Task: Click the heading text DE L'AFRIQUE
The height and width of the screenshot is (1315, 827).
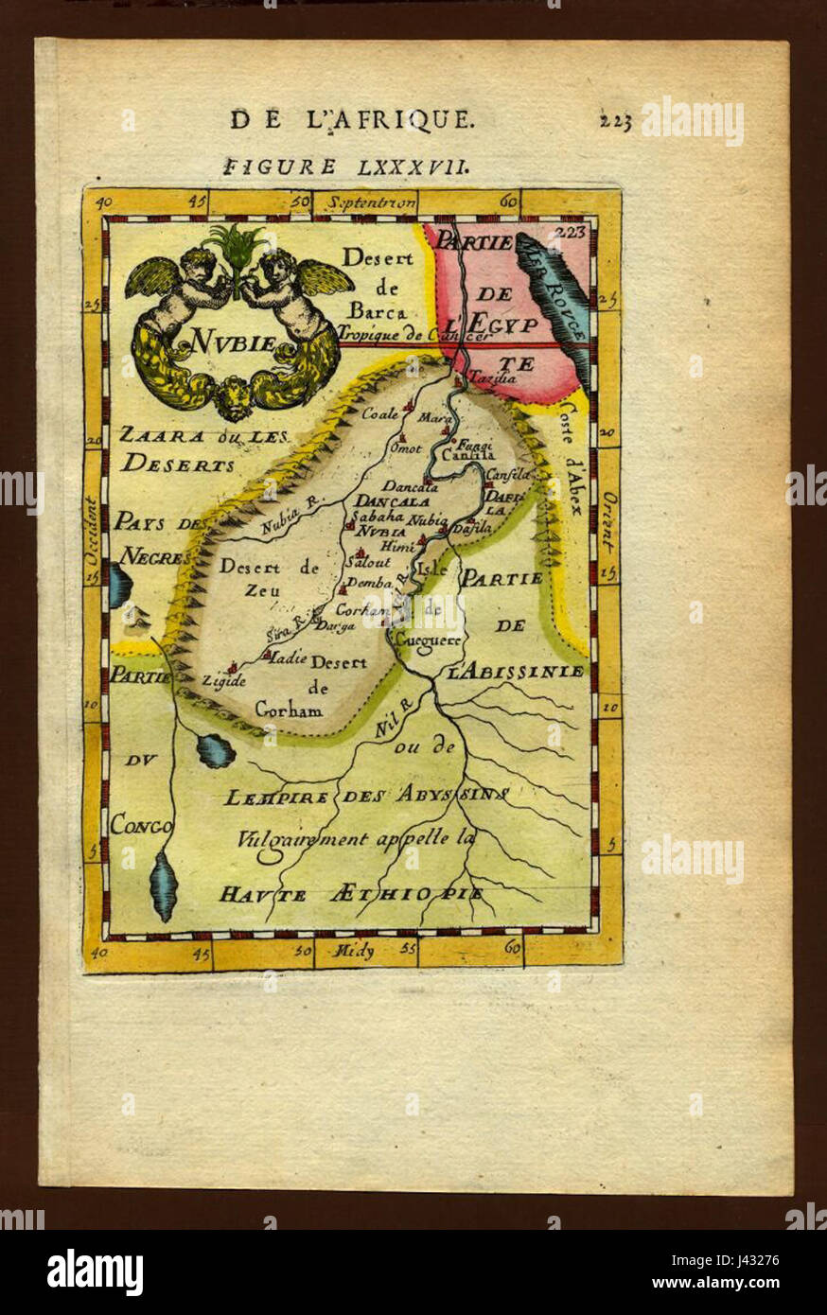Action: pos(350,119)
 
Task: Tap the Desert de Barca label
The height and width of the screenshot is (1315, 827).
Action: pos(376,283)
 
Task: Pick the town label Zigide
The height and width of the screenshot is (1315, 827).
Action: pos(222,680)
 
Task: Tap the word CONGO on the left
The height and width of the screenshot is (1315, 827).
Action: pos(141,825)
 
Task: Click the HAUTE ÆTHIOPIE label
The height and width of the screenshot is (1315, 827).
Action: pos(352,893)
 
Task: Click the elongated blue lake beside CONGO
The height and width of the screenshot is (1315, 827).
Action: pos(164,885)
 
